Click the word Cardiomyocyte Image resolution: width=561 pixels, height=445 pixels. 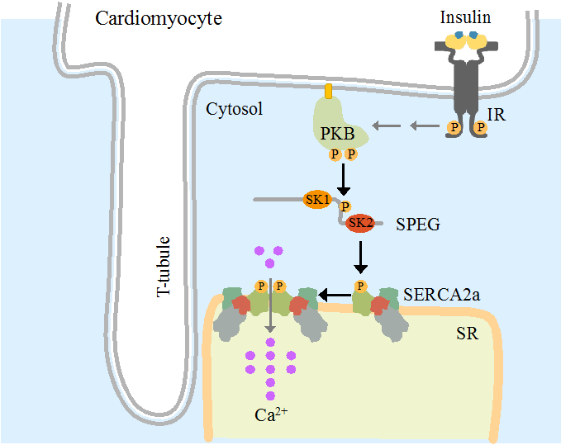pos(159,18)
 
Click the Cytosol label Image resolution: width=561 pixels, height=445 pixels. pos(234,108)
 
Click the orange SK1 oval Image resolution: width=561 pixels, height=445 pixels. pos(317,200)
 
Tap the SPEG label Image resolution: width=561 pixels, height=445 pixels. pos(417,224)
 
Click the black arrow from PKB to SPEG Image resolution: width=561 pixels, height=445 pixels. pos(343,178)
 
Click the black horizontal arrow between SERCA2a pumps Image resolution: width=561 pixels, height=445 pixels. pos(335,294)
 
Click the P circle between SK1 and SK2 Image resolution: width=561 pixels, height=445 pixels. pos(345,206)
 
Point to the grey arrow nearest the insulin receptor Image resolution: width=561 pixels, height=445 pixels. pos(425,126)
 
